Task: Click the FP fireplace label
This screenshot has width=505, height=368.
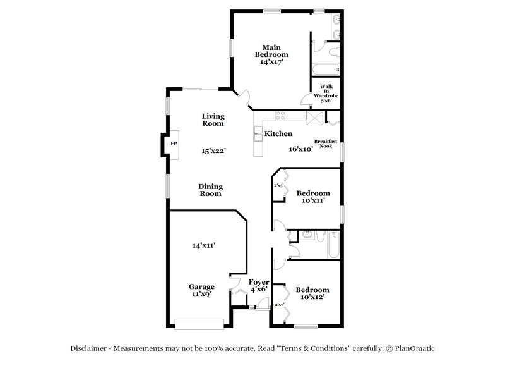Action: (x=173, y=144)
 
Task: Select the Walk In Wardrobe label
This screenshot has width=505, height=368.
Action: (x=326, y=93)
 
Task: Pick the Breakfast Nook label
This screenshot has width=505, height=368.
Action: (x=326, y=144)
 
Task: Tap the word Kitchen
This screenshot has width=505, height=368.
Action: (x=278, y=134)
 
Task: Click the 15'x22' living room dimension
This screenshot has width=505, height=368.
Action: (x=213, y=151)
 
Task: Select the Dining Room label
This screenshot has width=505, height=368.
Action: (x=210, y=190)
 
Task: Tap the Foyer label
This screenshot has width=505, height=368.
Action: (x=259, y=282)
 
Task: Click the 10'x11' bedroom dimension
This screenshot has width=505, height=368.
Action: (x=312, y=200)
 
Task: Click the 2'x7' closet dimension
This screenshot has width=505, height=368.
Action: (x=280, y=305)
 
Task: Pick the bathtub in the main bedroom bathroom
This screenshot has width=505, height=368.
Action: (x=326, y=68)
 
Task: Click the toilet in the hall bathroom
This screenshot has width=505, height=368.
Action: (x=333, y=236)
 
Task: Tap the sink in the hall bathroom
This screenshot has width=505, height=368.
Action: (x=307, y=236)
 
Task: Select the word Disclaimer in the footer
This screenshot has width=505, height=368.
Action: (x=92, y=348)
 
